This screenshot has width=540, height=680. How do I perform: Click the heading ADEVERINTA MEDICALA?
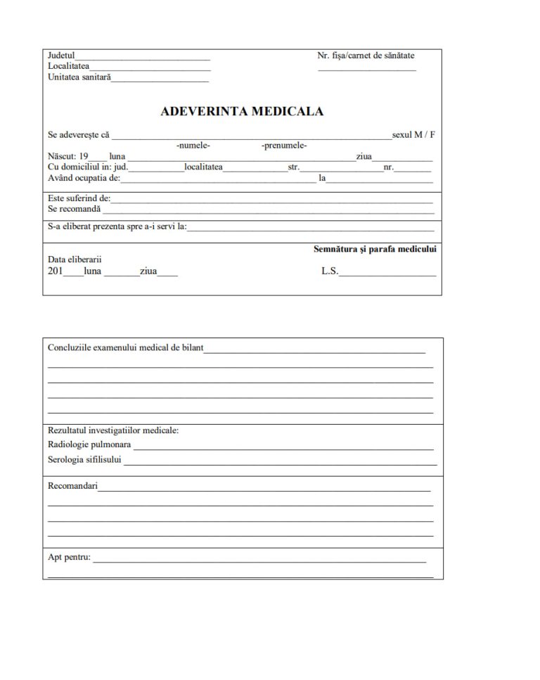coord(242,111)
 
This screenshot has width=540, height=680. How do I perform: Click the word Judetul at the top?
coord(61,55)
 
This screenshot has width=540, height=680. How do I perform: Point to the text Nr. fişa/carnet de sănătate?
coord(366,55)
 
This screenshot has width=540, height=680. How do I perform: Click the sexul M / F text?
coord(413,134)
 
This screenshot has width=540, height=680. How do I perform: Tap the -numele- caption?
coord(193,146)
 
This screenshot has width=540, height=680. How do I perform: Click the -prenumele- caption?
coord(283,146)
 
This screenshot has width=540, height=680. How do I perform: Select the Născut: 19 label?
coord(67,156)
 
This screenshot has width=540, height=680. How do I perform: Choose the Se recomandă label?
coord(74,209)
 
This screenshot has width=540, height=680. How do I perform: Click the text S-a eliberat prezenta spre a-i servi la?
coord(117,226)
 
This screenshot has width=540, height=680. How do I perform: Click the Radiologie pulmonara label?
coord(89,444)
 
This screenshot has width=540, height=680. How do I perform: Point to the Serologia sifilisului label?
coord(84,460)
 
